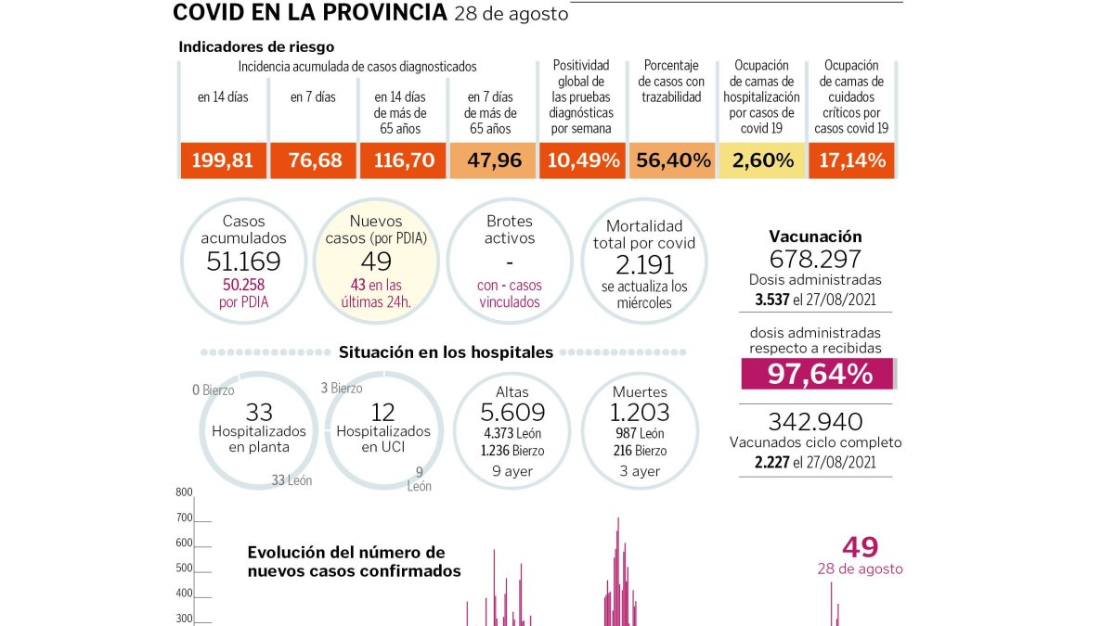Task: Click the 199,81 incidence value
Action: (x=222, y=160)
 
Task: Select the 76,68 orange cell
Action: (x=314, y=160)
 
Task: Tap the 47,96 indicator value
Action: (x=494, y=160)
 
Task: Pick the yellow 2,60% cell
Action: (x=762, y=160)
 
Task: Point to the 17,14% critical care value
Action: (x=852, y=160)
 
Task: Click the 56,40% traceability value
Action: (x=673, y=160)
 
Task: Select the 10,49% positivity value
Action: (x=583, y=160)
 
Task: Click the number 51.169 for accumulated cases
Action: (x=243, y=262)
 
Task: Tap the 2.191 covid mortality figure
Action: (x=644, y=265)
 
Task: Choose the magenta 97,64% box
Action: (x=817, y=374)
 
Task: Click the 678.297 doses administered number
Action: (x=815, y=259)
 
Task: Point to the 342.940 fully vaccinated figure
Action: (x=815, y=421)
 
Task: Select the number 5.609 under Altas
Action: (x=512, y=413)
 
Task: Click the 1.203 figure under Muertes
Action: (x=640, y=413)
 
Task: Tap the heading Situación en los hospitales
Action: (x=446, y=352)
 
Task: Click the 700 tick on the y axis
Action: (x=184, y=517)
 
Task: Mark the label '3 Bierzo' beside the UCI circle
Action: (x=342, y=388)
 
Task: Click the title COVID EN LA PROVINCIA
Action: (x=310, y=12)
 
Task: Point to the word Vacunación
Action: (x=815, y=236)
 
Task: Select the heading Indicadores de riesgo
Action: (x=256, y=46)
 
